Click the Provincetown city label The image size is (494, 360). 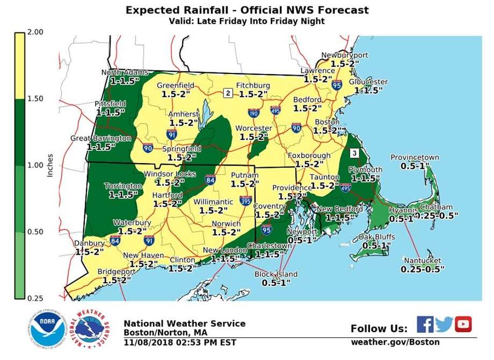tap(415, 157)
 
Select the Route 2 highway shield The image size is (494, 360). tap(228, 93)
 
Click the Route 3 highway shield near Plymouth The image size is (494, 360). tap(354, 153)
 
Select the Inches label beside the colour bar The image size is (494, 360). tap(49, 166)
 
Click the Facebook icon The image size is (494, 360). tap(425, 324)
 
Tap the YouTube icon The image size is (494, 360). tap(463, 324)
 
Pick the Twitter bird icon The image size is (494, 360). tap(444, 324)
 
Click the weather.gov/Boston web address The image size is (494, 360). tap(395, 342)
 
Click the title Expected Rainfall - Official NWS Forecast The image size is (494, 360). tap(246, 10)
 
